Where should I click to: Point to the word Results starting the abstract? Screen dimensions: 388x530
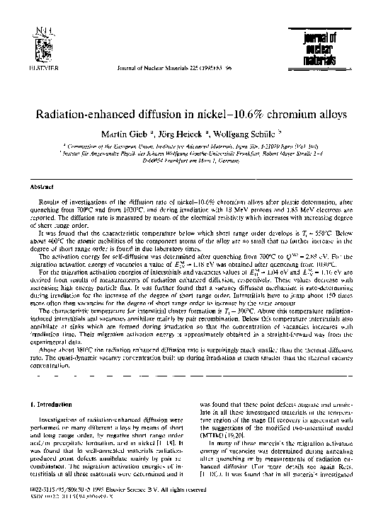pos(49,202)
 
